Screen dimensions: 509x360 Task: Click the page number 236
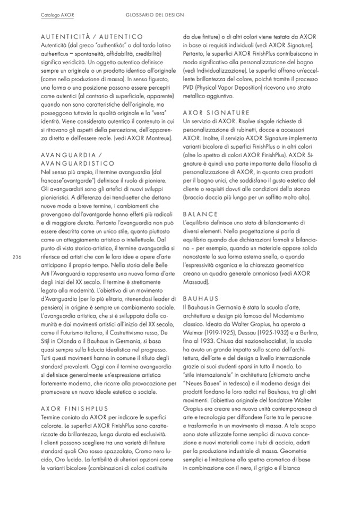click(16, 257)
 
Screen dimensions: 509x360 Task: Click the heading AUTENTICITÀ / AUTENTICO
click(91, 37)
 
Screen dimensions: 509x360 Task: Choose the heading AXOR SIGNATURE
click(216, 113)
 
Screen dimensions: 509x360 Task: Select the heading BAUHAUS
click(200, 299)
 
